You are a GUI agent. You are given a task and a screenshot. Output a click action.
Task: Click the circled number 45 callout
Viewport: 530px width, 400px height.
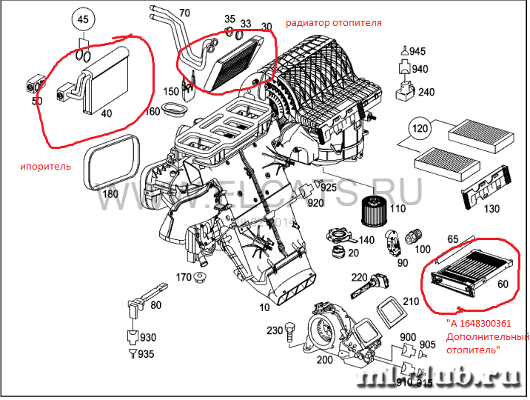pos(84,19)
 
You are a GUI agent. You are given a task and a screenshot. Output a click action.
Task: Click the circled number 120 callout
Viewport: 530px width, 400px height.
pos(420,130)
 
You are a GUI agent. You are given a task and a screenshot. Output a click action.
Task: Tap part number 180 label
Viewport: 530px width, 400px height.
pos(110,194)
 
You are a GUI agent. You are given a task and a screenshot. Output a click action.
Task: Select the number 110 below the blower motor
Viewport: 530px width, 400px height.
pos(397,209)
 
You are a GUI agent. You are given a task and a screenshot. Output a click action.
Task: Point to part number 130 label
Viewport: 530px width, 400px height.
pos(490,210)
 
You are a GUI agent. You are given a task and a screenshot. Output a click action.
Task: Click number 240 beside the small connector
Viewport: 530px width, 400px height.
pos(426,92)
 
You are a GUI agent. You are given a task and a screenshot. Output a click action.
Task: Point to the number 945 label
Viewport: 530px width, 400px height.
pos(417,51)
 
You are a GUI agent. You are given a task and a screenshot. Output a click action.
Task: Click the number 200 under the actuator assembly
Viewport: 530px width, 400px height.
pos(324,360)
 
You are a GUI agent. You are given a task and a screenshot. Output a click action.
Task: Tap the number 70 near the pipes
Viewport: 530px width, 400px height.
pos(184,13)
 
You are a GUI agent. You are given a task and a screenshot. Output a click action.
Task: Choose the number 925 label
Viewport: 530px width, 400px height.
pos(329,190)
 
